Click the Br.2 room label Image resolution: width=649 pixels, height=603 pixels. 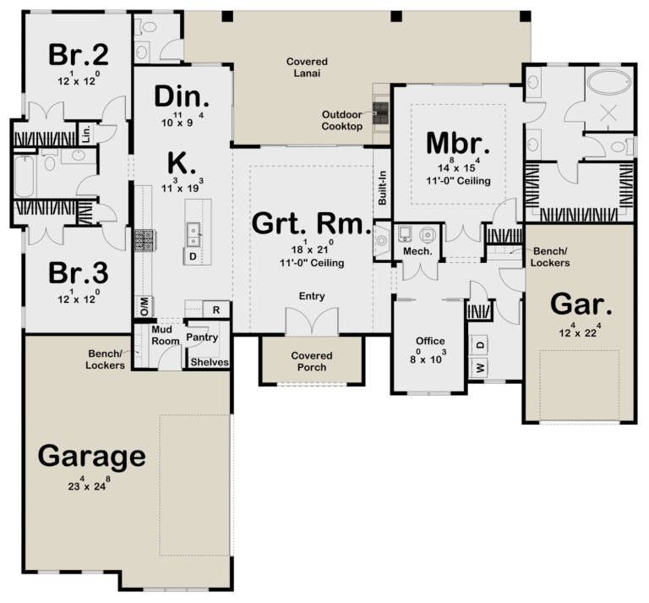(79, 55)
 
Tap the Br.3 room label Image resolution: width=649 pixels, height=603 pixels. (79, 273)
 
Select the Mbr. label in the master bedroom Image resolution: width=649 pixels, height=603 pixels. (458, 143)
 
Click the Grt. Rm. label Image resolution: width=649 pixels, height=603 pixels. (311, 223)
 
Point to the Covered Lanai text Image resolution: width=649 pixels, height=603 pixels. (307, 67)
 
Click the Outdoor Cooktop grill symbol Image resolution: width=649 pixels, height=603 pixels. (381, 112)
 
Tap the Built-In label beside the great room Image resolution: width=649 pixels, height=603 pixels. (382, 188)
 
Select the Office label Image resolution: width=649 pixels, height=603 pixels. (430, 341)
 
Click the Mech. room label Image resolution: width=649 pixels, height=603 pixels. (417, 251)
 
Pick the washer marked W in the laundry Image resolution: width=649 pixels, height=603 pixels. (480, 367)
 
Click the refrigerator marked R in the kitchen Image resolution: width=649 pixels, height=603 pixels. (216, 310)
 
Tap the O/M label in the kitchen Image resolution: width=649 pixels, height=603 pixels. (145, 306)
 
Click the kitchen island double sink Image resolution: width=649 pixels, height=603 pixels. (194, 234)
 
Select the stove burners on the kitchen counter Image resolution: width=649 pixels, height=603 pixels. (144, 240)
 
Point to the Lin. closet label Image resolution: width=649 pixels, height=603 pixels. (86, 134)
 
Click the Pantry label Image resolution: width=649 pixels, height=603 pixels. (202, 337)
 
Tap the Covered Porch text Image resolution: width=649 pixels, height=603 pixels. (312, 361)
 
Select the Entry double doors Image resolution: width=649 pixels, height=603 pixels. (312, 321)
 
